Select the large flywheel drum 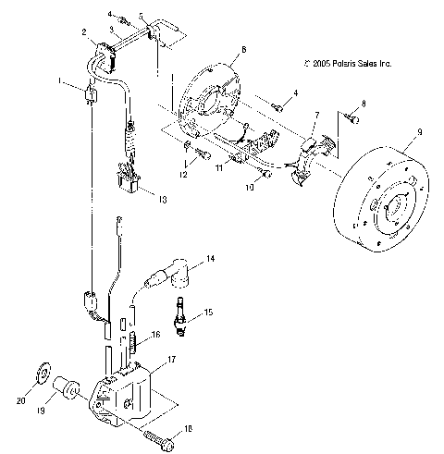coord(382,208)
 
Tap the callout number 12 coord(183,173)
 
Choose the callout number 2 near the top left coord(84,33)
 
